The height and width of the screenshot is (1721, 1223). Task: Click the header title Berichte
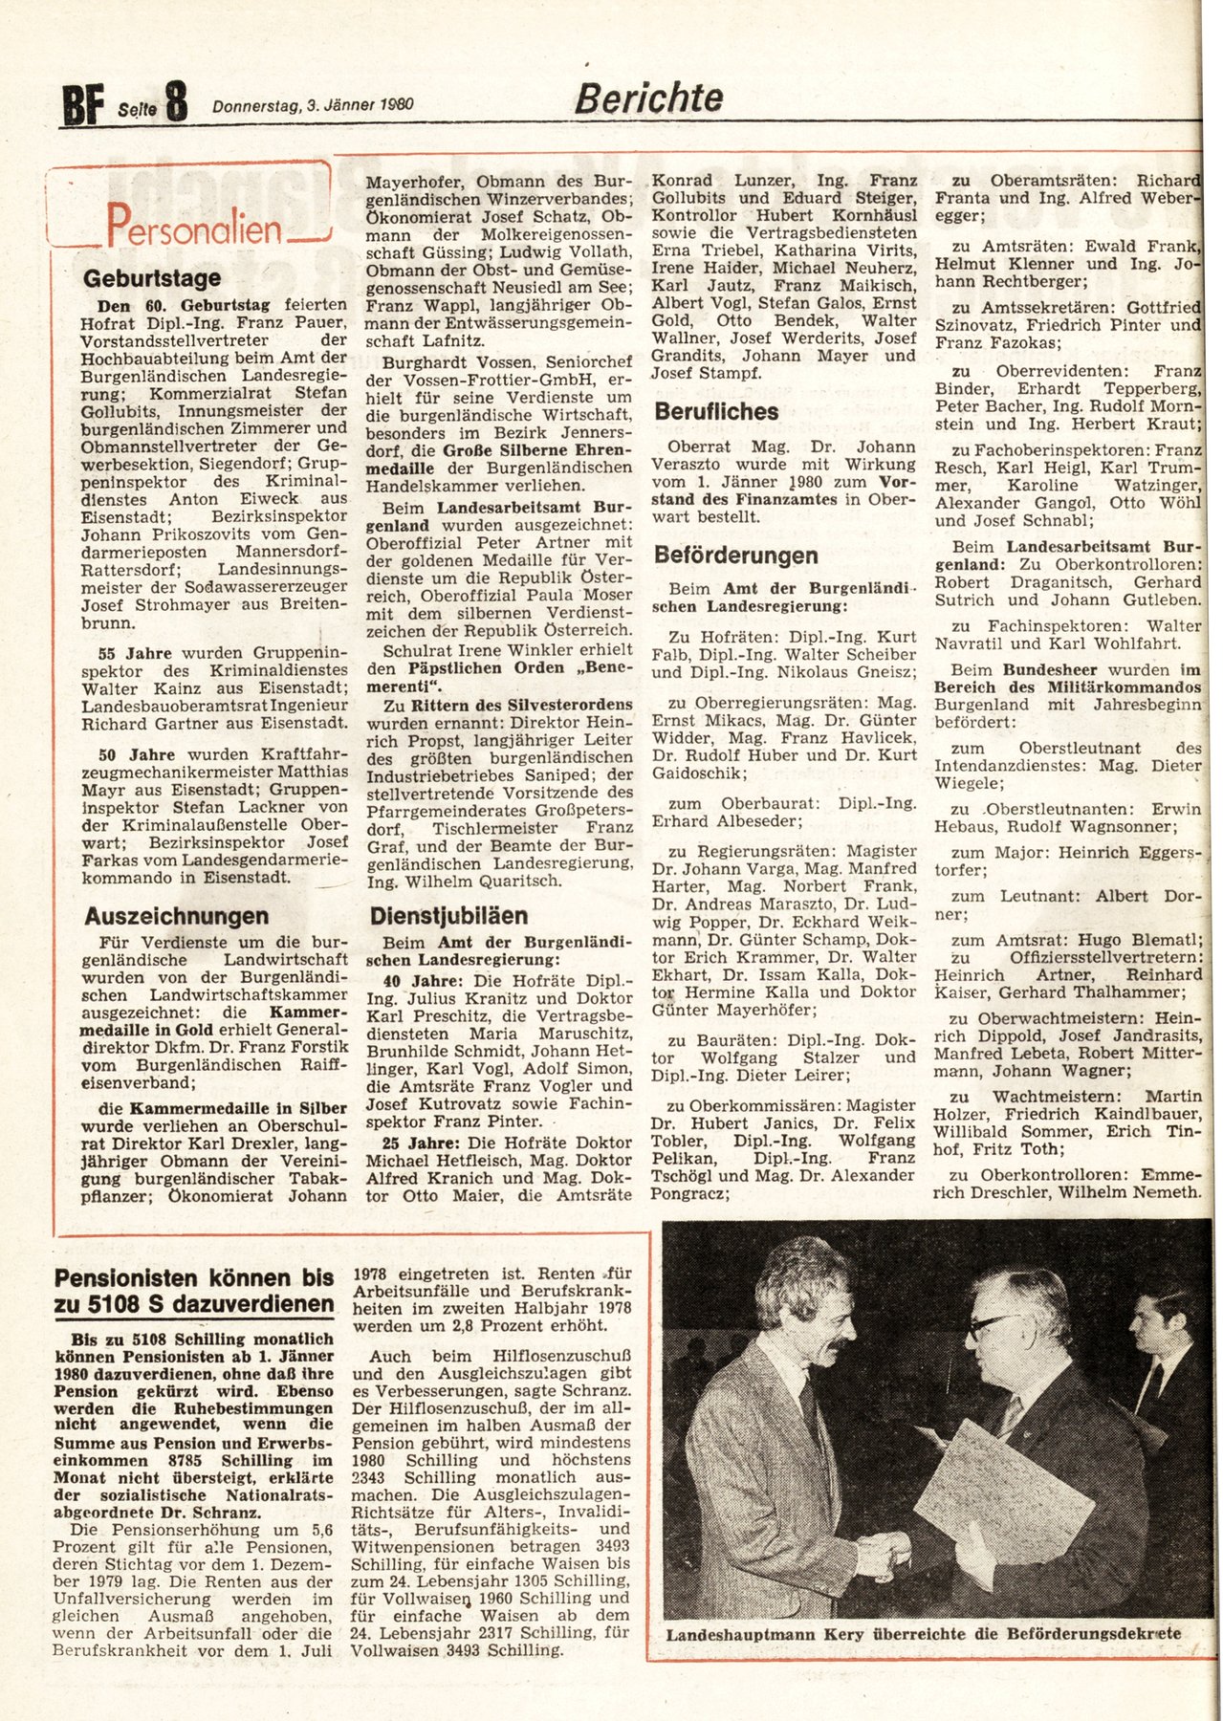pos(648,98)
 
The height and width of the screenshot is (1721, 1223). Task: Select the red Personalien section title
pos(194,227)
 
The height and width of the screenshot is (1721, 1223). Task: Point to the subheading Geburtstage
pos(152,278)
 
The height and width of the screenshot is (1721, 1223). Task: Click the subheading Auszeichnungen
pos(177,916)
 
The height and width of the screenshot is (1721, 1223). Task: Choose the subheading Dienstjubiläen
pos(448,916)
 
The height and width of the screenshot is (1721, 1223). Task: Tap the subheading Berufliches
pos(716,412)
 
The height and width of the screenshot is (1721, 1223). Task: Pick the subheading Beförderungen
pos(736,556)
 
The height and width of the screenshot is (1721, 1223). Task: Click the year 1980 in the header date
pos(395,105)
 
